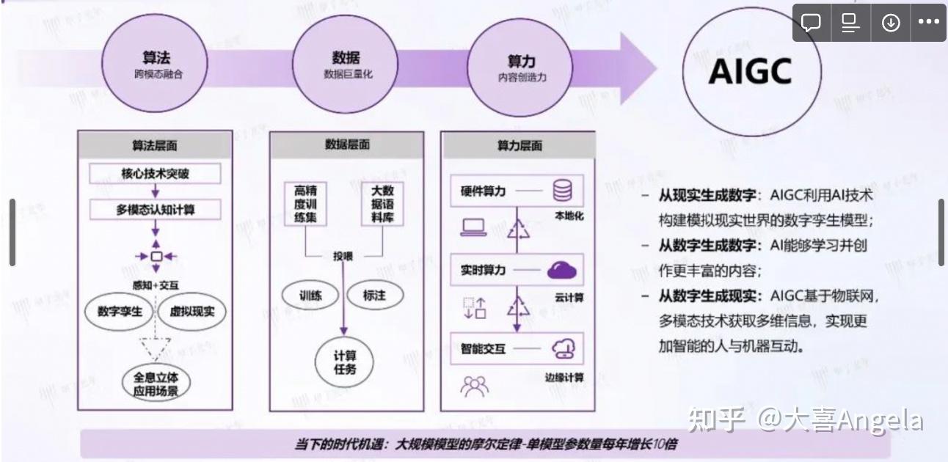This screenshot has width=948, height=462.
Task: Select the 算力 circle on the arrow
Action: coord(521,67)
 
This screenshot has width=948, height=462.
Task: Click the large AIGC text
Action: coord(751,71)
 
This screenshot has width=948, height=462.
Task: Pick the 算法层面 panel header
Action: coord(155,145)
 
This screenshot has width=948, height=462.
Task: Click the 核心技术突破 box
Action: coord(155,175)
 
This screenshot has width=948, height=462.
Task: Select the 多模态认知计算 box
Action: coord(156,210)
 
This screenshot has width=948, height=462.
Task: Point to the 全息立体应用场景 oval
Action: coord(156,384)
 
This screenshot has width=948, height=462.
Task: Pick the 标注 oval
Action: coord(374,296)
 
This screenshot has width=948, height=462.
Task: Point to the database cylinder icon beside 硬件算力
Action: coord(563,191)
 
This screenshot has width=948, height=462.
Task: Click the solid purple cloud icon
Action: coord(562,271)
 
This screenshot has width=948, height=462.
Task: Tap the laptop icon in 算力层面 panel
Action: coord(474,228)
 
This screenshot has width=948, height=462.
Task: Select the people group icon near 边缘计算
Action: coord(474,385)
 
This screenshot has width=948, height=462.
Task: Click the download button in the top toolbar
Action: coord(891,23)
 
